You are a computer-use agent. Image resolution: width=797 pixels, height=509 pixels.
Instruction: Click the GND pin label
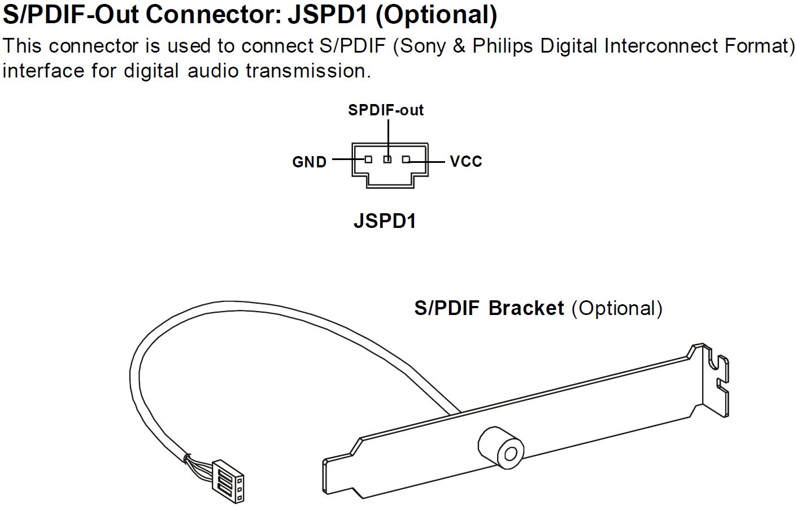[309, 162]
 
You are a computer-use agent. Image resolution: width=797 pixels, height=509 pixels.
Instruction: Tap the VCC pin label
[466, 162]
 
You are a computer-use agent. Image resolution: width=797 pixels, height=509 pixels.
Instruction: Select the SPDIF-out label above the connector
[386, 110]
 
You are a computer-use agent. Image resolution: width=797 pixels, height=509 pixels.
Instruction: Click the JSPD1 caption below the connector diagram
[385, 221]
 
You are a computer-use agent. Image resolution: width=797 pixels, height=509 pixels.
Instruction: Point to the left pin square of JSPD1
[368, 159]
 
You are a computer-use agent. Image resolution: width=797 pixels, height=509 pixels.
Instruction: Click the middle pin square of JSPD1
[387, 159]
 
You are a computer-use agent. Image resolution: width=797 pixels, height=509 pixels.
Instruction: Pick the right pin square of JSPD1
[406, 159]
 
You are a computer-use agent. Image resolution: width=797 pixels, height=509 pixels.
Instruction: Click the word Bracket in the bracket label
[526, 308]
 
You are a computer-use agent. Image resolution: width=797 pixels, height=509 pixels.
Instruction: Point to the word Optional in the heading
[436, 15]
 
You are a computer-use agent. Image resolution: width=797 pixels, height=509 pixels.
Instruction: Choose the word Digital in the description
[569, 46]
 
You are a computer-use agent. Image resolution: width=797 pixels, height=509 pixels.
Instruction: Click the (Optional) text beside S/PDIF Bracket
[617, 308]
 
